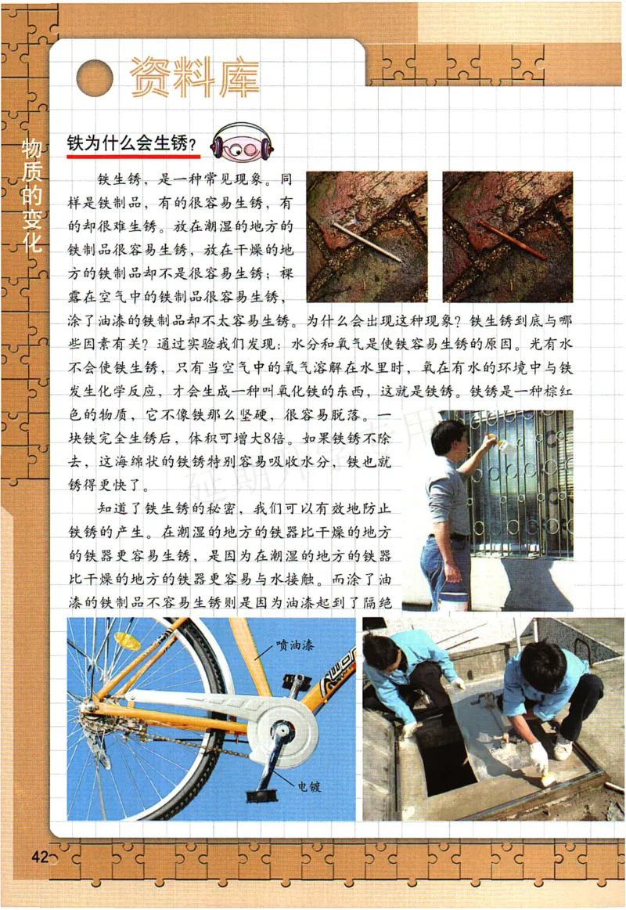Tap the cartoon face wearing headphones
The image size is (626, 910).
click(x=242, y=143)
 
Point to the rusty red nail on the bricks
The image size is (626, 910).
click(x=512, y=240)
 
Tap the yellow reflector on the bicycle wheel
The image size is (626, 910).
click(x=127, y=641)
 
